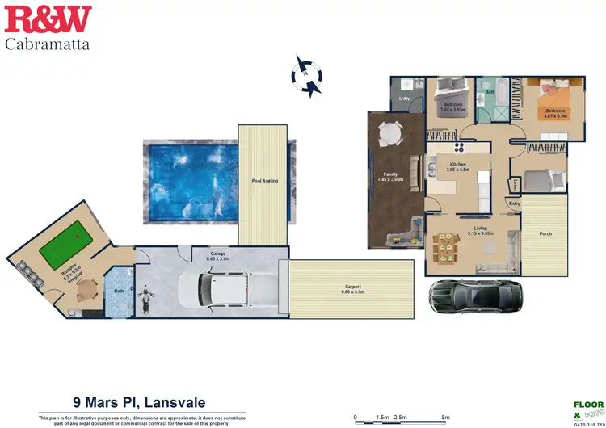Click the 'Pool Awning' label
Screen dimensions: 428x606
coord(264,181)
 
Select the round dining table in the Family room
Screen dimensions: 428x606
coord(389,132)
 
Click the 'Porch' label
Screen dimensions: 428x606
coord(545,234)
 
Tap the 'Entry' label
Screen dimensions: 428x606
coord(514,204)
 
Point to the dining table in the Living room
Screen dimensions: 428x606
coord(446,246)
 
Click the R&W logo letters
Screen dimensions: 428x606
coord(48,19)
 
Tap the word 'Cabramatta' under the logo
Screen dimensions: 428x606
coord(48,44)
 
